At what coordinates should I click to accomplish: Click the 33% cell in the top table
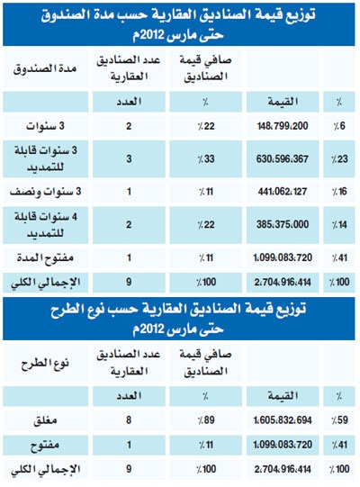pos(204,158)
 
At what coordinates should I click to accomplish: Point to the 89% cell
pos(204,419)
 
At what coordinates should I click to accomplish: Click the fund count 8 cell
pos(131,419)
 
